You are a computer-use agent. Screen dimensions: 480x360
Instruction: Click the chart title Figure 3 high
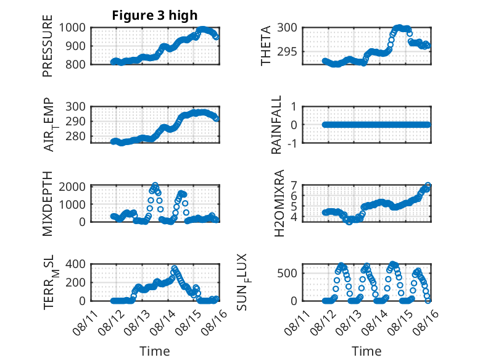point(155,15)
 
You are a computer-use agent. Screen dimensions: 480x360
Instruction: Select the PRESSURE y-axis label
point(48,46)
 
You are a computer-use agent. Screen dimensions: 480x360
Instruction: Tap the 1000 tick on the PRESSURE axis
point(72,28)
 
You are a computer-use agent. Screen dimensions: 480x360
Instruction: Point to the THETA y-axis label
point(266,46)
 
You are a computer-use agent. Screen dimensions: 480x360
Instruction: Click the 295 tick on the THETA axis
point(287,52)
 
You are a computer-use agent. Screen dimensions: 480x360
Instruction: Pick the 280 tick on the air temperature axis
point(75,136)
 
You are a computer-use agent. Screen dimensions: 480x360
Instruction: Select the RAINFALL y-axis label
point(276,125)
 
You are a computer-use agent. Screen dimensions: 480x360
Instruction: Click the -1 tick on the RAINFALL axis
point(292,143)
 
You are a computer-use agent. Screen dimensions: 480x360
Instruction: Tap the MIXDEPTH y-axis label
point(48,204)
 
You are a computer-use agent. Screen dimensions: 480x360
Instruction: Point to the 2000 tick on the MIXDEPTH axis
point(72,186)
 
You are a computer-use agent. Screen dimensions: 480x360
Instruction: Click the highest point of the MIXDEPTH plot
point(155,185)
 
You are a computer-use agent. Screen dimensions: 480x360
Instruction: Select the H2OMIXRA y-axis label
point(279,203)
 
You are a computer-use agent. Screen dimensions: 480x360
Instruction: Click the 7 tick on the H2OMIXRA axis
point(294,185)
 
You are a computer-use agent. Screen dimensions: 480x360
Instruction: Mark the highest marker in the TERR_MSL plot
point(175,269)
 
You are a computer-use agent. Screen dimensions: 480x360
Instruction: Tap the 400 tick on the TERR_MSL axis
point(75,264)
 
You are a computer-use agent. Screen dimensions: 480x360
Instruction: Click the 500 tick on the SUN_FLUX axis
point(287,273)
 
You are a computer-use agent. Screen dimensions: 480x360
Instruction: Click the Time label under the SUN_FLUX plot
point(366,351)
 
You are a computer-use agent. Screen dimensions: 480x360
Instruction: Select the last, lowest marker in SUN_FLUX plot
point(428,301)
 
